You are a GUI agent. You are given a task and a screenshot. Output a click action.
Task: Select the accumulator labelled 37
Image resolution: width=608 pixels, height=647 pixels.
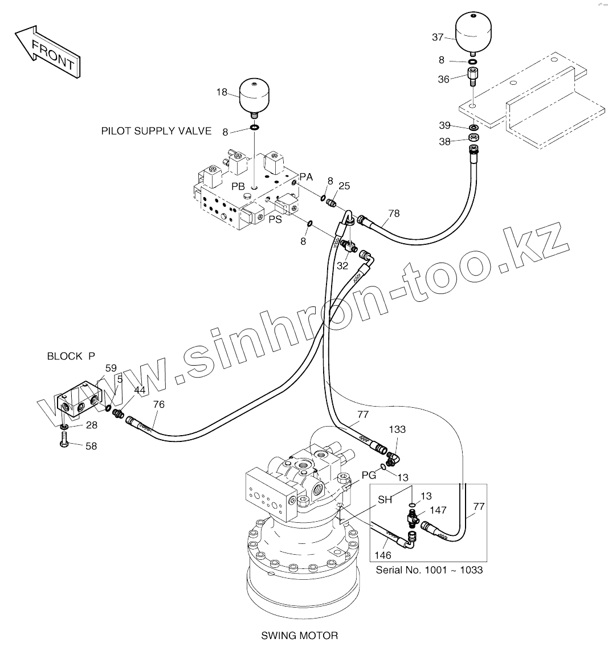pos(474,32)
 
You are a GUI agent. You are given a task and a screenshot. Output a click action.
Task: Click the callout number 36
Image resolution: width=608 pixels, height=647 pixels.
pos(444,80)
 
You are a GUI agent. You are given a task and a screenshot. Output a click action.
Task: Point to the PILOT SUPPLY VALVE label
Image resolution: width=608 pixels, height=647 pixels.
pos(156,132)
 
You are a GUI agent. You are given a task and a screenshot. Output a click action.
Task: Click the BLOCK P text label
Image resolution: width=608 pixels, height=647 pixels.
pos(71,357)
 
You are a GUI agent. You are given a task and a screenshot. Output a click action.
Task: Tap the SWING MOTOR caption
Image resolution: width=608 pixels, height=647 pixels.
pos(299,636)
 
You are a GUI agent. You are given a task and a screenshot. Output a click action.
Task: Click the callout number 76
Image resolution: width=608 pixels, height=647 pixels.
pos(158,404)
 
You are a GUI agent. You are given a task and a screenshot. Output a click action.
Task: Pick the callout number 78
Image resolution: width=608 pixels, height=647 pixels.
pos(394,214)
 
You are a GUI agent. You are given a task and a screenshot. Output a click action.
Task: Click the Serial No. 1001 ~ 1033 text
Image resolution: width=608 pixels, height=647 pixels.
pos(429,570)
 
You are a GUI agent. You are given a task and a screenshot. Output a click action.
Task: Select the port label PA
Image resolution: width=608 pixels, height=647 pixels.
pos(306,178)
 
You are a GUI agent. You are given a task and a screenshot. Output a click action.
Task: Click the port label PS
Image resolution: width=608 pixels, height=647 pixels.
pos(275,219)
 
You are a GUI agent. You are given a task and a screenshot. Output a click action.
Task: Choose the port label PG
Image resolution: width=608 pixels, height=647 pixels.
pos(369,474)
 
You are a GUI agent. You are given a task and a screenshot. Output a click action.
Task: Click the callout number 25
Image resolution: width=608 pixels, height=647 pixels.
pos(344,186)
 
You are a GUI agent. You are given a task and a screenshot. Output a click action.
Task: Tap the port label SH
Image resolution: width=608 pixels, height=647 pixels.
pos(385,500)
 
